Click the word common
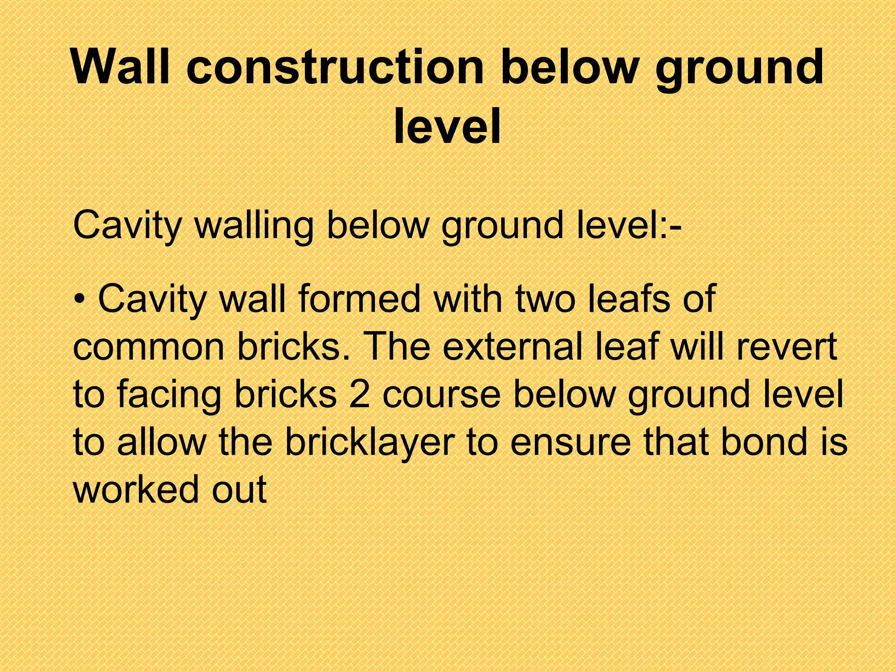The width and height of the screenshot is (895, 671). click(x=148, y=347)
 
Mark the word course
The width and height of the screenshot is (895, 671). click(x=441, y=395)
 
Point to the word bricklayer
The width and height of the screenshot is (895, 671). click(x=369, y=443)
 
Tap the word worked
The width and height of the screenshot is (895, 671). click(x=135, y=489)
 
